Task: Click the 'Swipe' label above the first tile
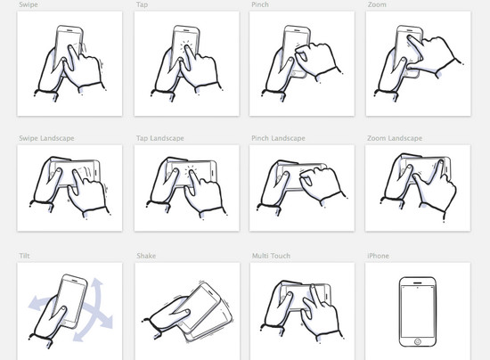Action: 29,4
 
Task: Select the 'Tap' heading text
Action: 142,4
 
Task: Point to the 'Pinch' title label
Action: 260,4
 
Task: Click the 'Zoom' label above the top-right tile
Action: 377,4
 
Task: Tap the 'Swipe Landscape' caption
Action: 46,138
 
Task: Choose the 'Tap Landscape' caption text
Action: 160,138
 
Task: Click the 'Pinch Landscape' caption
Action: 278,138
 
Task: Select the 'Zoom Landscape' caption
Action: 395,138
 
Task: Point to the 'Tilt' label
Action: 24,256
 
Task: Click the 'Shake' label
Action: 146,256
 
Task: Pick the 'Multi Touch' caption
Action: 271,256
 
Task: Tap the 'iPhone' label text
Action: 378,256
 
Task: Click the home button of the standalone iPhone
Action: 417,341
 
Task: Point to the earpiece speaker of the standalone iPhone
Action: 418,283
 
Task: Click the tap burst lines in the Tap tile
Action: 186,46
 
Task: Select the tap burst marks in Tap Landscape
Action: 191,170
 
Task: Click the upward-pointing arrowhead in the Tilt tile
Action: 97,283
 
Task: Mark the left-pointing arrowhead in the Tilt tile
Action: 35,304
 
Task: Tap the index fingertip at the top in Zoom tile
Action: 409,37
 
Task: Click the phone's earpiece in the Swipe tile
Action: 69,30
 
